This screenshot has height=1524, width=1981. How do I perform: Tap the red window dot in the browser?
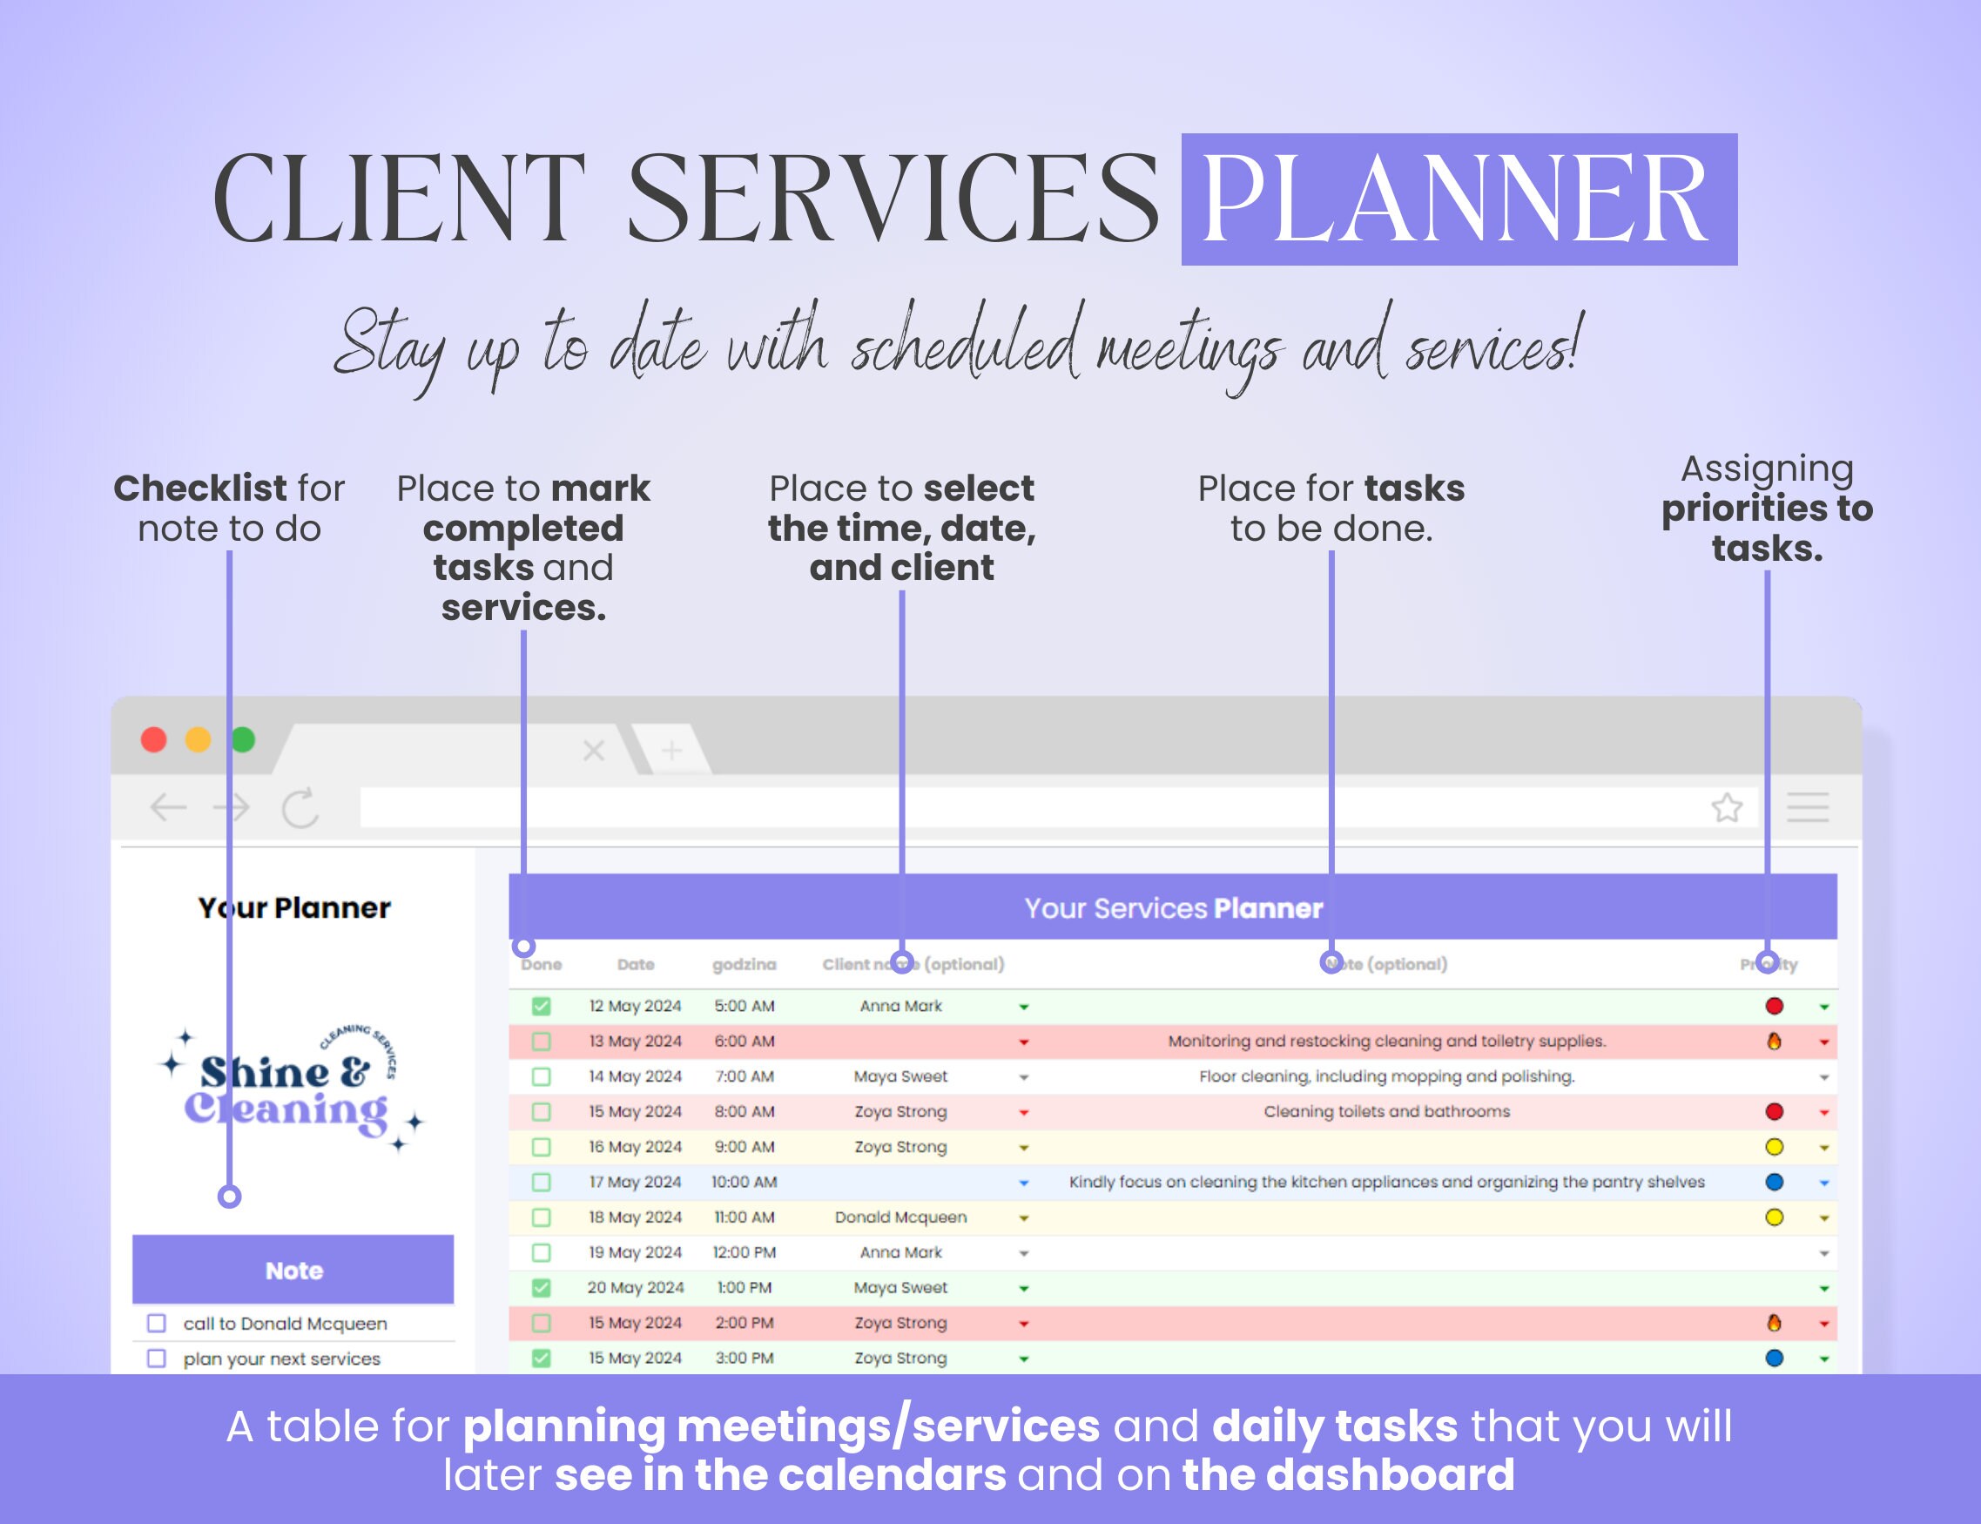point(153,740)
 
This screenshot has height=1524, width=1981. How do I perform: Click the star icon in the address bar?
point(1727,807)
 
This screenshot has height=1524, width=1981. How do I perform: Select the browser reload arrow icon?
point(300,807)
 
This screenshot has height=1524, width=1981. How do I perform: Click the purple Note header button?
point(293,1270)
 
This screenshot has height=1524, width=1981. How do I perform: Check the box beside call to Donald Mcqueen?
point(157,1324)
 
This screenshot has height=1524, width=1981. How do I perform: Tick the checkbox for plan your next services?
point(157,1359)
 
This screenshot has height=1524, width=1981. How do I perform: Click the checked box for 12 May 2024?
point(542,1006)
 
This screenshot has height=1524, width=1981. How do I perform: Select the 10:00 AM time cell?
point(744,1182)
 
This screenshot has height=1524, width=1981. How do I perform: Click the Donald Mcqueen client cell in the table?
point(900,1217)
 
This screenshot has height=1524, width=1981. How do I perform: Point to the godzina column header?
point(744,964)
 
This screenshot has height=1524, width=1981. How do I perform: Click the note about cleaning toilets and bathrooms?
point(1386,1111)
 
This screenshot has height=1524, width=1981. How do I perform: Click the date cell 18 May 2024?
point(635,1217)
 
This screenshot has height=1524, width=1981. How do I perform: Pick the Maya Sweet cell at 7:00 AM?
point(900,1076)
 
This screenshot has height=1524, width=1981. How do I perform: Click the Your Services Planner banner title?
point(1173,908)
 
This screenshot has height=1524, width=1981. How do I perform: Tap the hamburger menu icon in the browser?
point(1808,807)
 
